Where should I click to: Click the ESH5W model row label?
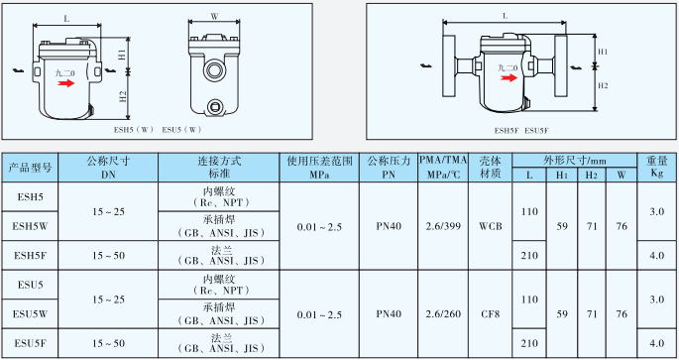(31, 226)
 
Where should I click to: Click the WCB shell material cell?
(491, 226)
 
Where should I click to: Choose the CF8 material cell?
(491, 312)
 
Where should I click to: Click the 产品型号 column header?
(31, 168)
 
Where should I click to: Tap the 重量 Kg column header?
(656, 167)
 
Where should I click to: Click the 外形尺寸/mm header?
(575, 161)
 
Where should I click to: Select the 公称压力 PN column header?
(389, 167)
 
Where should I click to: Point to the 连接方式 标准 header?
(220, 167)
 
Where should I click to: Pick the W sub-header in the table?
(621, 176)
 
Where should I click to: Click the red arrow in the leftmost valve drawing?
(66, 84)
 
